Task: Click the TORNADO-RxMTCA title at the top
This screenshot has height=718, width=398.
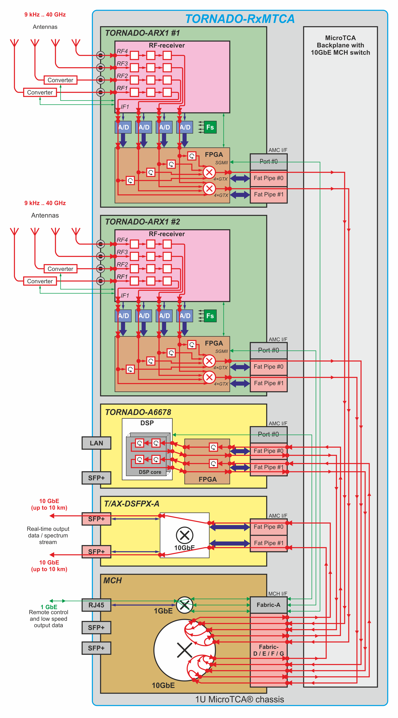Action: coord(240,19)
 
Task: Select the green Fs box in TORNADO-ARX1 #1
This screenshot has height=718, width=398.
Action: coord(210,127)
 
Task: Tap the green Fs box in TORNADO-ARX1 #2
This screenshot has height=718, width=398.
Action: coord(210,316)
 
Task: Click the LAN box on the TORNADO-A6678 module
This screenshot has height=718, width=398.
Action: coord(96,443)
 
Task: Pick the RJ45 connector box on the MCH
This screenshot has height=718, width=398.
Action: coord(96,605)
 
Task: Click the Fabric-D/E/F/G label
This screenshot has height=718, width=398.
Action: coord(268,650)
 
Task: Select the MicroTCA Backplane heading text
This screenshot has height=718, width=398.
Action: coord(340,45)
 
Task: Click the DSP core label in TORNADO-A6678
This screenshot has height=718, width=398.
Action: coord(150,472)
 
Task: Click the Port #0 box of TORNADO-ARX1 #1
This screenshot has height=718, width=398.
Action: coord(268,162)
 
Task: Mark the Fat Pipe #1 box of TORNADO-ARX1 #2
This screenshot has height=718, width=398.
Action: coord(268,383)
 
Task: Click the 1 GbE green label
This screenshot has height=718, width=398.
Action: coord(49,607)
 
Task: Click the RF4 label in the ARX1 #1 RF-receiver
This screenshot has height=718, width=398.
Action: coord(122,51)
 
